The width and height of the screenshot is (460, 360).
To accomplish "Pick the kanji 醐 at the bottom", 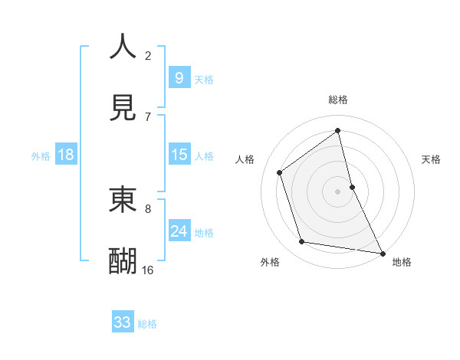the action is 123,260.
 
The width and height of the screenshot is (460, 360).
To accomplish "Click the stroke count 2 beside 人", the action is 148,55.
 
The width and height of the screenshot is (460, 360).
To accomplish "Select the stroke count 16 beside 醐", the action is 148,270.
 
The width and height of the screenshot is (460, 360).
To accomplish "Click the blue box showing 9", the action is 179,77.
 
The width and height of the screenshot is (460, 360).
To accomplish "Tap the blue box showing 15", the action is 179,155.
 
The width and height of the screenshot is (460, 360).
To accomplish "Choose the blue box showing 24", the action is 179,231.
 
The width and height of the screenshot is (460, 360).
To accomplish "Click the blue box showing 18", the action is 66,155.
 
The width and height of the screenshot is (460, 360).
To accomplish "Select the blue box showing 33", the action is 123,322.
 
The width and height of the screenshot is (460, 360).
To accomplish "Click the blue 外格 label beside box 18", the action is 41,156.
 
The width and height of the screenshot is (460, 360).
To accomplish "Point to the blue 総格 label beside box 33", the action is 147,324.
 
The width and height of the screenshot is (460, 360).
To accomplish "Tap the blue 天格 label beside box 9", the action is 204,80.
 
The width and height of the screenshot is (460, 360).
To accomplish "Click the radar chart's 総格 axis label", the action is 338,100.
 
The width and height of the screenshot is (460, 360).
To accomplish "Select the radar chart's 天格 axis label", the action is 432,159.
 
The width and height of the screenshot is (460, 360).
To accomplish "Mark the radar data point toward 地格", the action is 382,252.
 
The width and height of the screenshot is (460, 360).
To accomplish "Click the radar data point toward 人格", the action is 280,172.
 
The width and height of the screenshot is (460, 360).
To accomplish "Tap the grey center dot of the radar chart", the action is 338,191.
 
